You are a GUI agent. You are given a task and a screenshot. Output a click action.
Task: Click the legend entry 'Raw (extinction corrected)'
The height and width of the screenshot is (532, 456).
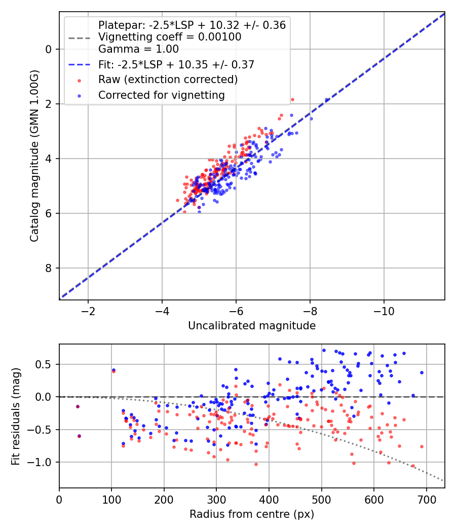pos(168,80)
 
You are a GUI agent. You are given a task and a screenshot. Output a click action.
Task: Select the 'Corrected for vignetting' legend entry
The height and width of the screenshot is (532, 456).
pos(161,95)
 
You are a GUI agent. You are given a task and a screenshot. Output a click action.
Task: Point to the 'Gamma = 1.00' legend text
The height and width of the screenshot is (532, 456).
pos(138,49)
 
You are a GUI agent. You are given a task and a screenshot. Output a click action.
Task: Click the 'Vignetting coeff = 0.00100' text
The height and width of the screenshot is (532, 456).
pos(170,37)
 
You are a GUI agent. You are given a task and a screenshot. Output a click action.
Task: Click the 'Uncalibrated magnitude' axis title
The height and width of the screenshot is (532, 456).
pos(252,326)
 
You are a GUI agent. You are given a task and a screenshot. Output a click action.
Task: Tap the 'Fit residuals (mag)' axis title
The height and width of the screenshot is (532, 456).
pos(16,416)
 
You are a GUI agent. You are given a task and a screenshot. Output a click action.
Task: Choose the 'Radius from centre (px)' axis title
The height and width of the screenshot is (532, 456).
pos(252,514)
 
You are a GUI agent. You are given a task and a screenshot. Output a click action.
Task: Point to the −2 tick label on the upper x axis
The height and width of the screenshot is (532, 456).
pos(88,310)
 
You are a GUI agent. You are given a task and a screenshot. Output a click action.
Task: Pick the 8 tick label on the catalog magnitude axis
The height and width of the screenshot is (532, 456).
pos(49,268)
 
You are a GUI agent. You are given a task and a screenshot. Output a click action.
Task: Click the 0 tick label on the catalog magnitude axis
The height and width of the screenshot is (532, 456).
pos(49,49)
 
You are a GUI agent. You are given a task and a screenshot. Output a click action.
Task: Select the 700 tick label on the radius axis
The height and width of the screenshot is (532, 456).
pos(426,500)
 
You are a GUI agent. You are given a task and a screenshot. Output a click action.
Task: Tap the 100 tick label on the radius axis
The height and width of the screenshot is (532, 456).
pos(111,500)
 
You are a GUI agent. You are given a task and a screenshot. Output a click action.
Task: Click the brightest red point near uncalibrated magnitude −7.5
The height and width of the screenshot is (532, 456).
pos(292,100)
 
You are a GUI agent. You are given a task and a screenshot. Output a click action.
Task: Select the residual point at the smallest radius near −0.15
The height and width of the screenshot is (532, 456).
pos(78,406)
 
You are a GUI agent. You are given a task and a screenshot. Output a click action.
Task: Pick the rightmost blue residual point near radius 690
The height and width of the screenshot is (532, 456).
pos(422,372)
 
